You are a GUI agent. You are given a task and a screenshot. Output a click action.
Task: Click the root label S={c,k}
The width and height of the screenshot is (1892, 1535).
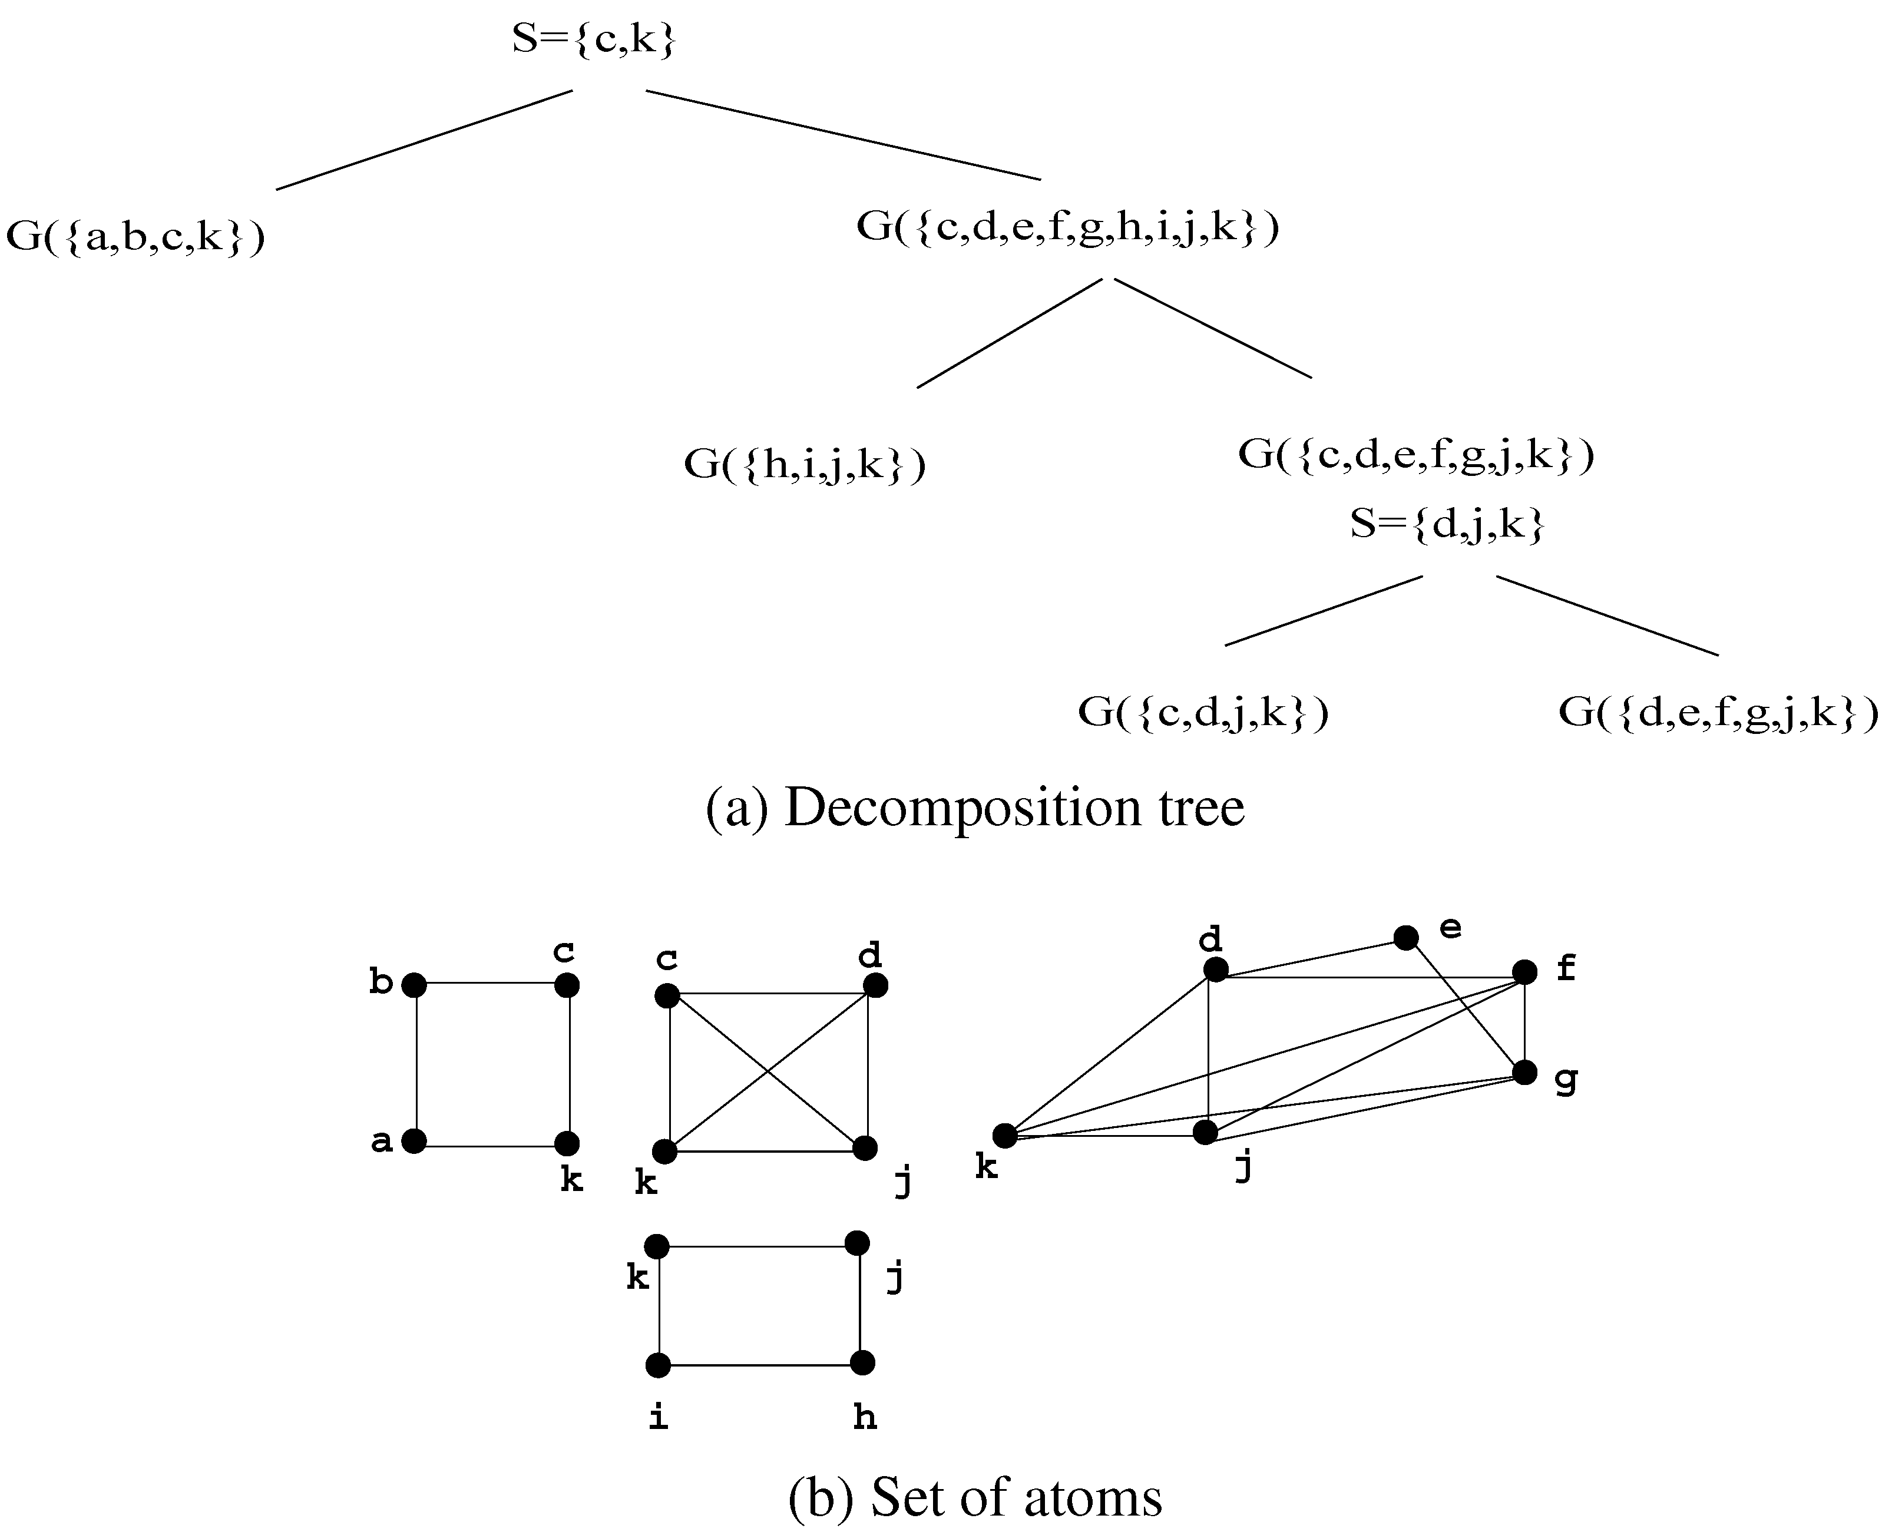tap(593, 41)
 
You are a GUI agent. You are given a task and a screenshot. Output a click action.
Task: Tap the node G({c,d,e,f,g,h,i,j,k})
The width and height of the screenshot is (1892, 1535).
tap(1067, 228)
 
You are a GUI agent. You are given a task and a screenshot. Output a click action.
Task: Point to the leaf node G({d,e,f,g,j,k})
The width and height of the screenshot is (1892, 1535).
tap(1717, 713)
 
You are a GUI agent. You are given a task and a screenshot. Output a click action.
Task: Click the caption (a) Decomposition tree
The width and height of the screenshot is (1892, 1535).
tap(974, 808)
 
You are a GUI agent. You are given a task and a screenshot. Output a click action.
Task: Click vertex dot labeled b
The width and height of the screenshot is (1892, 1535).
tap(414, 985)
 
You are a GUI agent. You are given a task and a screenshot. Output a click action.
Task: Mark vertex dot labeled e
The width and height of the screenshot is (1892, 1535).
tap(1405, 937)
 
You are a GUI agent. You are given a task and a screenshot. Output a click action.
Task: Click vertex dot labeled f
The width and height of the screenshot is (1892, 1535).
tap(1524, 972)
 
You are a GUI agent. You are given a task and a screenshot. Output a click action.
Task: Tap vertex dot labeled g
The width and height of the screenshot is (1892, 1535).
tap(1524, 1073)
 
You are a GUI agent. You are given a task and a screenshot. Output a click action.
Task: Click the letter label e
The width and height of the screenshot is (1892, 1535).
tap(1451, 928)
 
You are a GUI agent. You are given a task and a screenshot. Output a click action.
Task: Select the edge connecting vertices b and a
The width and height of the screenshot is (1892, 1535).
tap(415, 1063)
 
